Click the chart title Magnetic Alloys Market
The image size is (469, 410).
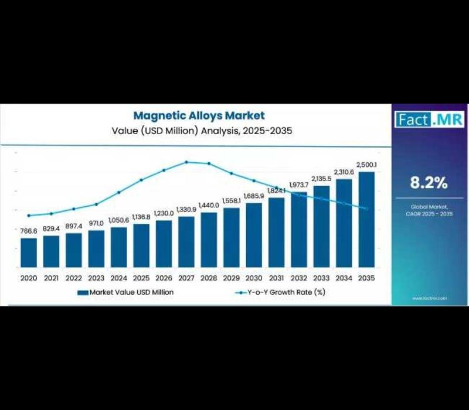(x=199, y=116)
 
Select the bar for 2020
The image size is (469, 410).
(x=29, y=252)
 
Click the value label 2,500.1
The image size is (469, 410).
(x=367, y=165)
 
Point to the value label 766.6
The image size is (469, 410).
(x=29, y=231)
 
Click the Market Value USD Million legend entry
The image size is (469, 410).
(x=125, y=292)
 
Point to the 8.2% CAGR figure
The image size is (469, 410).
(x=429, y=183)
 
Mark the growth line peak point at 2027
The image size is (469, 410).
(x=186, y=162)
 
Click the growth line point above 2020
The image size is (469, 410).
(x=29, y=216)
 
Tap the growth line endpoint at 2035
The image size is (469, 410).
(x=367, y=209)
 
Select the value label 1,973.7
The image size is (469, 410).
(x=299, y=186)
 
